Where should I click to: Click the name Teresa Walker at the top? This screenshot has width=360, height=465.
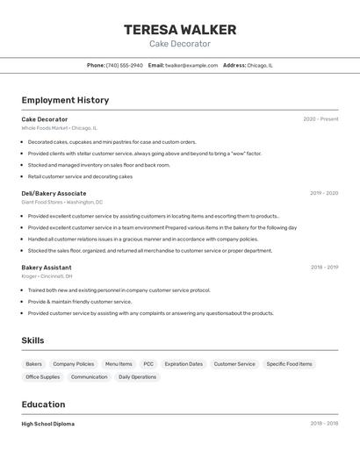pyautogui.click(x=180, y=29)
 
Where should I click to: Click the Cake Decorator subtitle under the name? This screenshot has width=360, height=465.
pyautogui.click(x=180, y=44)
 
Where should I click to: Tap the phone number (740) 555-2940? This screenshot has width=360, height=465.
pyautogui.click(x=125, y=66)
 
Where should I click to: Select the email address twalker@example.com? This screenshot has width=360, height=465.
pyautogui.click(x=191, y=66)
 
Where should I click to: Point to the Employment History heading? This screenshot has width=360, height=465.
pyautogui.click(x=65, y=100)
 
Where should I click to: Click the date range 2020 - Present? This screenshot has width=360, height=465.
pyautogui.click(x=320, y=119)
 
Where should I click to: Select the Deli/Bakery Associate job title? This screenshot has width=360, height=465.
pyautogui.click(x=54, y=193)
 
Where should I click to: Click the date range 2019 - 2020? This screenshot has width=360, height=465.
pyautogui.click(x=324, y=193)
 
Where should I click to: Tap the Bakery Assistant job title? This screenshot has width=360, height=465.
pyautogui.click(x=47, y=268)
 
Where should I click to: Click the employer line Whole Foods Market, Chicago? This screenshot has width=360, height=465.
pyautogui.click(x=60, y=128)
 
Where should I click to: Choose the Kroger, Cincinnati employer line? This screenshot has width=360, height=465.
pyautogui.click(x=47, y=276)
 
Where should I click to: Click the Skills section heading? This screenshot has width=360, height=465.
pyautogui.click(x=32, y=340)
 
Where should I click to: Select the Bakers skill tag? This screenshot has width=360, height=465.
pyautogui.click(x=34, y=364)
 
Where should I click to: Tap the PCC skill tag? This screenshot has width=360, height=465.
pyautogui.click(x=148, y=364)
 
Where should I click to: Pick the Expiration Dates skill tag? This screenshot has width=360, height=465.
pyautogui.click(x=184, y=364)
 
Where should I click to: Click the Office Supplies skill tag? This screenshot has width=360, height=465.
pyautogui.click(x=43, y=377)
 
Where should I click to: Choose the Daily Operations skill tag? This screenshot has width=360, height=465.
pyautogui.click(x=137, y=377)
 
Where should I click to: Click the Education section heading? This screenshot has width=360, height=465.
pyautogui.click(x=43, y=404)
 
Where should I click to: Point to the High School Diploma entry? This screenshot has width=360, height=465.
pyautogui.click(x=48, y=424)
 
